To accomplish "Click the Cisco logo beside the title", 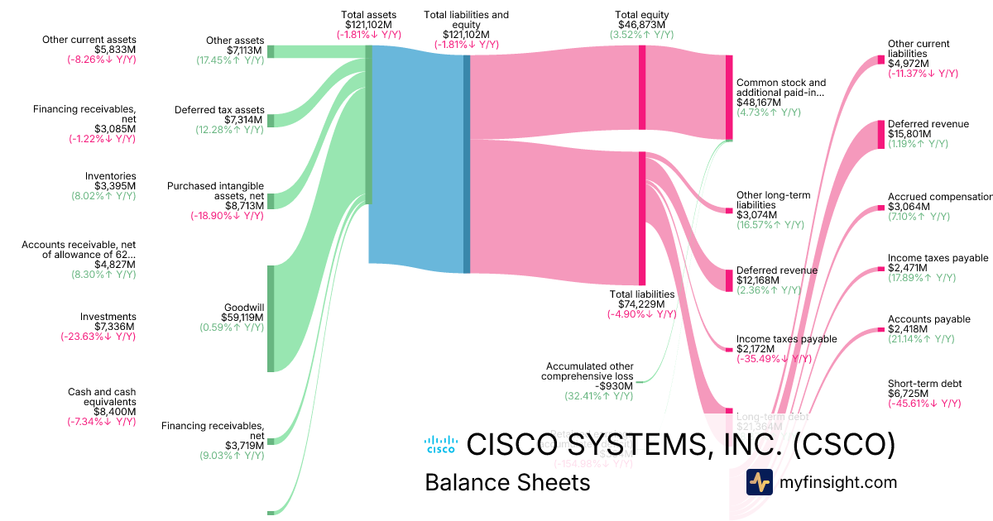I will [440, 444].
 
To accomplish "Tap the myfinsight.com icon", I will [759, 482].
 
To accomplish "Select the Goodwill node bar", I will [271, 318].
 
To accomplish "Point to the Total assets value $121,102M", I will [369, 25].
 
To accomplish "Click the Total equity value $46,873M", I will [641, 25].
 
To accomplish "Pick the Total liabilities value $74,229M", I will [641, 304].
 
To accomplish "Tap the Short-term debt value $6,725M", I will [909, 394].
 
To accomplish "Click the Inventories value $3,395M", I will [114, 186].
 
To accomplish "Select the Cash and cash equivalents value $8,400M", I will [114, 411].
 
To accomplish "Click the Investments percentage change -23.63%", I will [98, 337].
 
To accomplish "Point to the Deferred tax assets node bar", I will [271, 121].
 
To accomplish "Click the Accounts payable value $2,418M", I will [909, 329].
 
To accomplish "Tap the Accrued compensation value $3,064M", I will [909, 207].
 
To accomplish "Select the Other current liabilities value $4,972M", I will [909, 64].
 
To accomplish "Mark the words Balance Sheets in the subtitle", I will [507, 483].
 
